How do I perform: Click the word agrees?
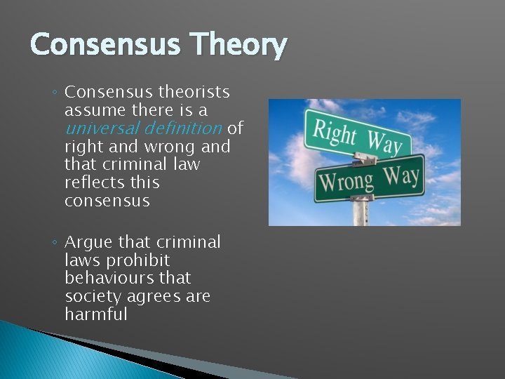pos(154,297)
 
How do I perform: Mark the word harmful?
pos(96,315)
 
